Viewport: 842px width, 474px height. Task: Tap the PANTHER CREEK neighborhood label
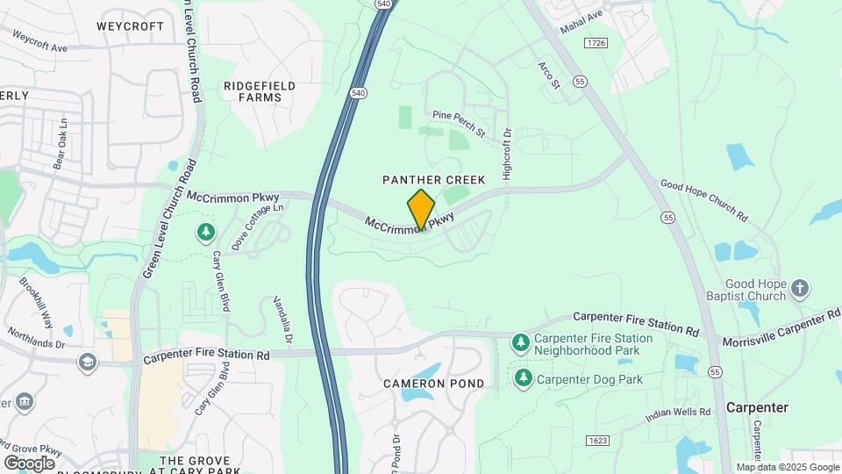click(x=433, y=179)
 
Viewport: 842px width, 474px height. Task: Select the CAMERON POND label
click(x=433, y=384)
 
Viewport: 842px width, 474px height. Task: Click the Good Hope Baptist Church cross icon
click(x=799, y=287)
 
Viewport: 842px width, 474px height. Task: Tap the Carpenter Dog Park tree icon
click(x=524, y=377)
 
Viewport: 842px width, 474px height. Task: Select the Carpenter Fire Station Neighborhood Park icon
click(x=521, y=341)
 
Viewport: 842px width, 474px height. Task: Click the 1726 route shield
click(x=596, y=42)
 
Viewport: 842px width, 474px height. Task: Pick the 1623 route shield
click(x=595, y=440)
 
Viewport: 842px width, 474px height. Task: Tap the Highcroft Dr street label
click(x=507, y=154)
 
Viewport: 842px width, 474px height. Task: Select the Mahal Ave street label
click(x=582, y=17)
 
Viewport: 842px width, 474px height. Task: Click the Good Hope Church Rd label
click(x=703, y=199)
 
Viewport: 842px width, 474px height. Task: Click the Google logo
click(x=29, y=463)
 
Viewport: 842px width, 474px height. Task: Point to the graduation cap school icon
click(x=87, y=361)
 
